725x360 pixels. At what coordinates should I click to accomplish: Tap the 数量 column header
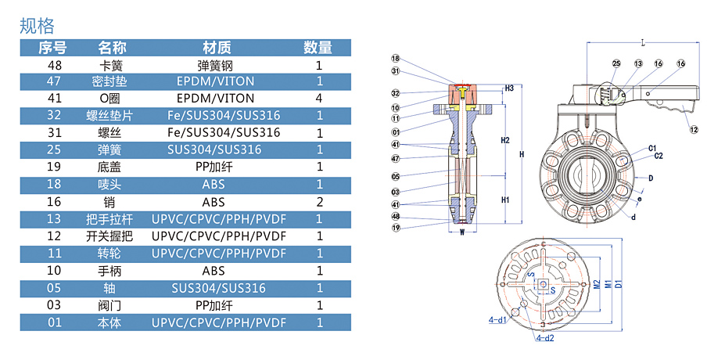tap(318, 48)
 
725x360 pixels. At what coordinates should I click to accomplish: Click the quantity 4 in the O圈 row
tap(319, 99)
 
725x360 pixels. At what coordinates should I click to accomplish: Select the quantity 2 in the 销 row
tap(319, 201)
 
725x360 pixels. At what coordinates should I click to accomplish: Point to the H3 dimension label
tap(509, 88)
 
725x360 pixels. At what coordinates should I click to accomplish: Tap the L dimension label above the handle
tap(641, 41)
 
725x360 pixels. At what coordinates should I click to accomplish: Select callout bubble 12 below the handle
tap(694, 130)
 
